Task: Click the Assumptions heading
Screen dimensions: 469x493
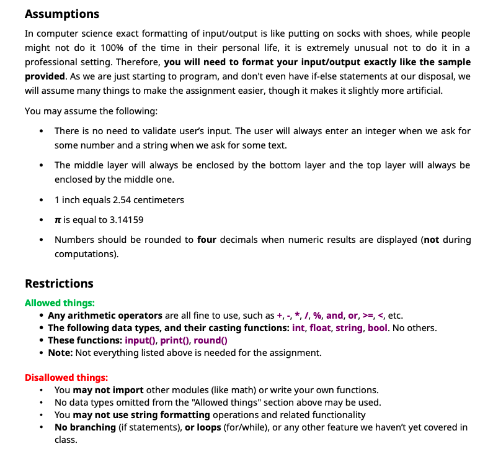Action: (62, 14)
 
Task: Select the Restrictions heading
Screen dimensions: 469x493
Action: (59, 283)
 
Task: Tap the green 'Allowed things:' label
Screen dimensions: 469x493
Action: (60, 303)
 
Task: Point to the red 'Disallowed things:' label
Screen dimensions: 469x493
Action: (66, 378)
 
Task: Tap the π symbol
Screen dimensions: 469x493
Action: (58, 220)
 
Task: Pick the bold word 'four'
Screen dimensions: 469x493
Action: (207, 240)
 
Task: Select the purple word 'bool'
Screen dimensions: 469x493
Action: (377, 328)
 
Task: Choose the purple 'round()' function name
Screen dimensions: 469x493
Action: (211, 340)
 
